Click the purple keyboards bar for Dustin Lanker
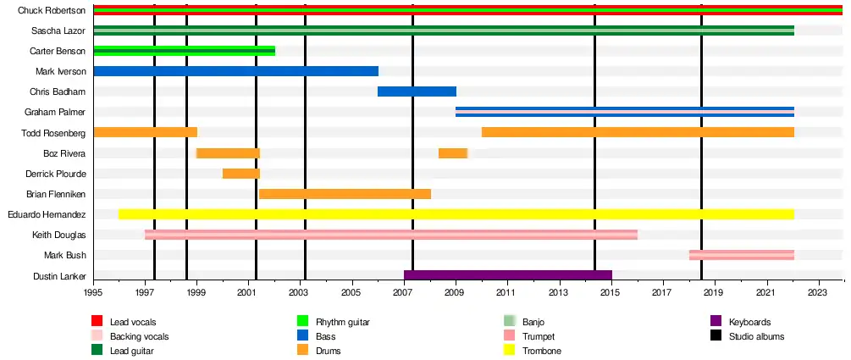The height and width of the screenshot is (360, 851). click(x=507, y=275)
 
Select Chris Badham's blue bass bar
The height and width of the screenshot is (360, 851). click(x=417, y=91)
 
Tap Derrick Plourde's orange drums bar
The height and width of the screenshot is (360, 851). click(x=241, y=174)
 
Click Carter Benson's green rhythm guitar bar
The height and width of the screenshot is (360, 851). click(x=184, y=51)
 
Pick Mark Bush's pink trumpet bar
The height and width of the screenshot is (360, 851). click(x=741, y=255)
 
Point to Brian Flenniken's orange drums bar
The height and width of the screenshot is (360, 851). click(x=345, y=194)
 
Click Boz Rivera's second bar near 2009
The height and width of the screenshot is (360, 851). click(x=453, y=153)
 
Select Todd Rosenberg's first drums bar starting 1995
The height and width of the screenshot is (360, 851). click(x=145, y=132)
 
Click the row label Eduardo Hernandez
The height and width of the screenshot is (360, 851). click(x=47, y=214)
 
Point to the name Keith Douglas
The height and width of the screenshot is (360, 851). click(x=58, y=235)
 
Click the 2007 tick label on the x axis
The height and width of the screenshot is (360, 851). click(x=403, y=293)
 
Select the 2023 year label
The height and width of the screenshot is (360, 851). click(x=817, y=293)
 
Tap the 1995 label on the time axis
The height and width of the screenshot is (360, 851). click(x=93, y=293)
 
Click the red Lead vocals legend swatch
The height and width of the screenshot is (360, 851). click(x=97, y=322)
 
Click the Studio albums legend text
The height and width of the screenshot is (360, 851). click(x=756, y=336)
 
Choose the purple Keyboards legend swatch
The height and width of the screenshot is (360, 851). click(x=714, y=322)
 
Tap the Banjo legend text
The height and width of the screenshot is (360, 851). click(x=534, y=322)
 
